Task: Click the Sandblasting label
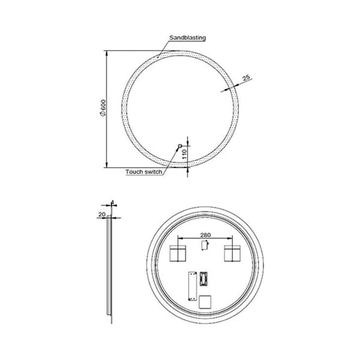pos(187,38)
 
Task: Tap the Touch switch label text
pos(144,172)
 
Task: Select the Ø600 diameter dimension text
pos(103,108)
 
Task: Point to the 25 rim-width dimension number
pos(246,77)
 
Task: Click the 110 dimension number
pos(184,154)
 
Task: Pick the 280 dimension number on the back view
pos(205,235)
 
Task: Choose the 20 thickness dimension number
pos(102,214)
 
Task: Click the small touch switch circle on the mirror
pos(180,146)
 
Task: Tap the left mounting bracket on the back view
pos(178,253)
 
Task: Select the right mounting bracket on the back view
pos(232,253)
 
